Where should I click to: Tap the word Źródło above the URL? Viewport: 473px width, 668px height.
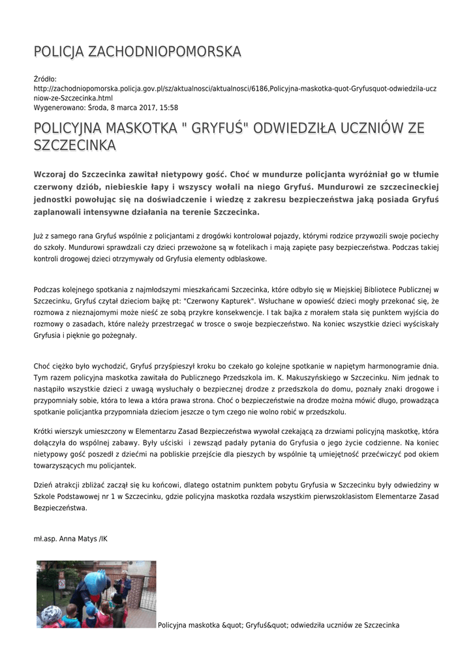tap(46, 79)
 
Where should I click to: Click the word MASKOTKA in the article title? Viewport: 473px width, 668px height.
tap(136, 129)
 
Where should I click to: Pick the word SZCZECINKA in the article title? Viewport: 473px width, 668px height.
tap(74, 145)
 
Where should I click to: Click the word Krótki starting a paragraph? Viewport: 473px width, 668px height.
tap(46, 431)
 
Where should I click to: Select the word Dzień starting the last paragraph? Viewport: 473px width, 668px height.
tap(44, 485)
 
